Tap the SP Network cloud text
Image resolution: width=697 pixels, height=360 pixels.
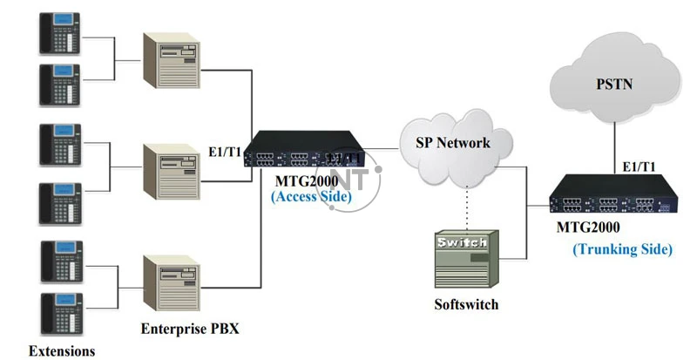451,142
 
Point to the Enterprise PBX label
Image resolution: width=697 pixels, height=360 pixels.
189,329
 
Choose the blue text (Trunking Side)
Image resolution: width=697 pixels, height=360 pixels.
622,249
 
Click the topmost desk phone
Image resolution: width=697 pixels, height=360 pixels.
58,36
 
